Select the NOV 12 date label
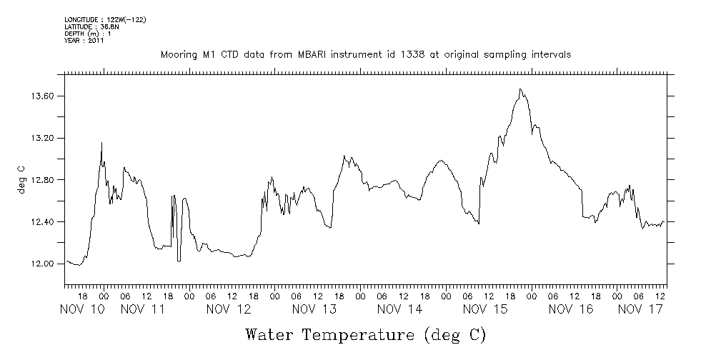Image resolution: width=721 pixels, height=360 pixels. point(229,309)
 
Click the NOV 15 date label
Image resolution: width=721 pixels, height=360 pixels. point(485,309)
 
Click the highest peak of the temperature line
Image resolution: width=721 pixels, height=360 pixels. point(521,89)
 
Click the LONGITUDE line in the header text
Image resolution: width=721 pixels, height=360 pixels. point(105,19)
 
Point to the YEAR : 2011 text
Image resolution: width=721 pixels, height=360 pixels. point(84,41)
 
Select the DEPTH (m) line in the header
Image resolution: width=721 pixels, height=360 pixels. point(89,34)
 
